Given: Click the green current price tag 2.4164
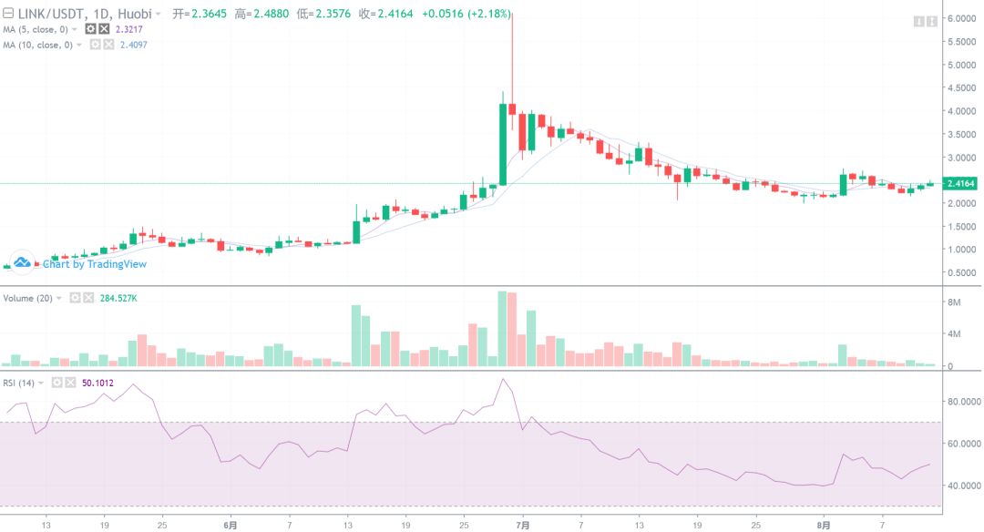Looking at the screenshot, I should click(x=962, y=184).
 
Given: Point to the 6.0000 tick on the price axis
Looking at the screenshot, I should click(x=962, y=18).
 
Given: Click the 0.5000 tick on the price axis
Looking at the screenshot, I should click(x=962, y=272).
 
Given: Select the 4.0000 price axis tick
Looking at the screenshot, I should click(x=962, y=111).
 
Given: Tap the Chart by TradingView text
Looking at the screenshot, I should click(x=94, y=264).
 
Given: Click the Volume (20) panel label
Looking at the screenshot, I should click(x=27, y=298).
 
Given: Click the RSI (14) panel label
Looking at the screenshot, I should click(x=21, y=383).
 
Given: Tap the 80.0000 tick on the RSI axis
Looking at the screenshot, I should click(x=963, y=402).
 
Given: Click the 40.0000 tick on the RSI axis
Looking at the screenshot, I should click(x=963, y=486).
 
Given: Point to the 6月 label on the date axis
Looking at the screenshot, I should click(x=231, y=525).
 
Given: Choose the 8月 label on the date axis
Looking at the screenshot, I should click(x=824, y=525).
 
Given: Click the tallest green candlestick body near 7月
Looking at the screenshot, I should click(x=502, y=144).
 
